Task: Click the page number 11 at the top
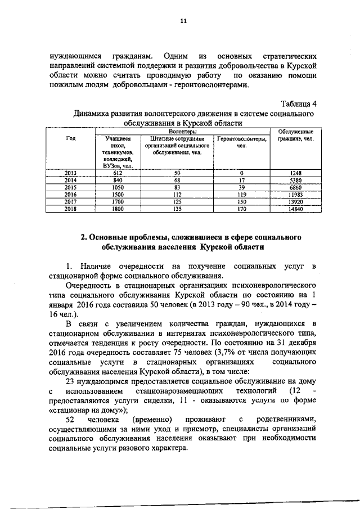[x=183, y=21]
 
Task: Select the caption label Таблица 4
[x=299, y=103]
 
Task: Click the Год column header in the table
[x=71, y=138]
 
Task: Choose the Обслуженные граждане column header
[x=295, y=135]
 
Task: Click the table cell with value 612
[x=118, y=173]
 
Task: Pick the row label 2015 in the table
[x=71, y=186]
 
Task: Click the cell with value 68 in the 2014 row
[x=177, y=179]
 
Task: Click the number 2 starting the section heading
[x=84, y=237]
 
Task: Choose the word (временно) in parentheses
[x=150, y=421]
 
